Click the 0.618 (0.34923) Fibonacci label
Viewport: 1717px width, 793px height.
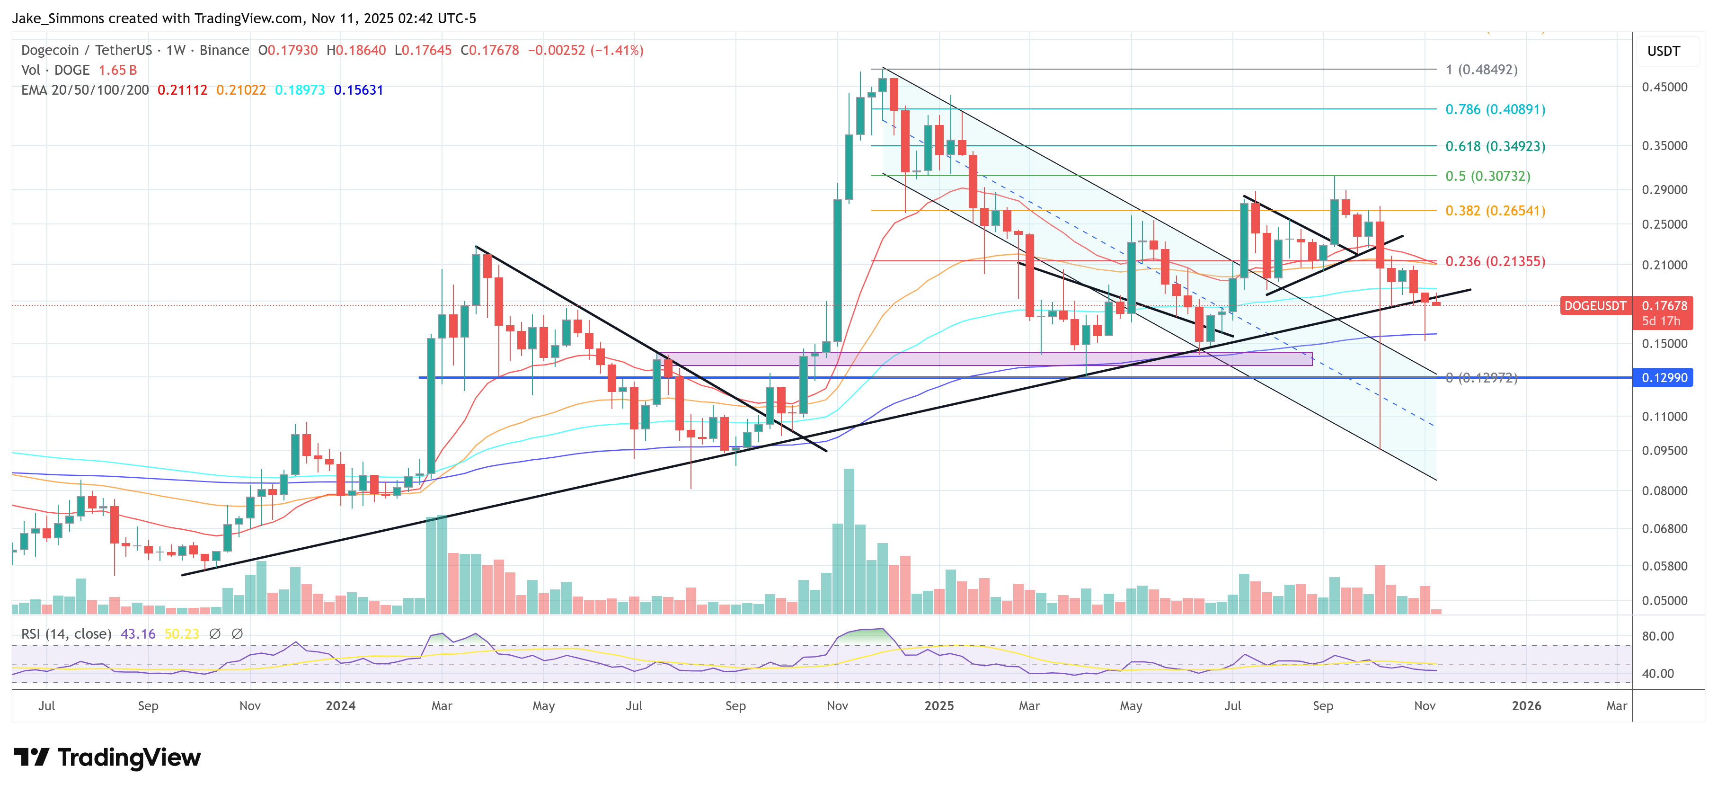coord(1495,146)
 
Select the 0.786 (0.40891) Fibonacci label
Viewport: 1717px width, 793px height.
coord(1495,109)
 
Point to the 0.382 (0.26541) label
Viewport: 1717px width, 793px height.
coord(1495,211)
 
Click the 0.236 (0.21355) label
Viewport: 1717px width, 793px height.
coord(1495,261)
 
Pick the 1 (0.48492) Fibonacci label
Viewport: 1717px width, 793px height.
coord(1481,70)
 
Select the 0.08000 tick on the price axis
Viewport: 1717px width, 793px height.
coord(1664,491)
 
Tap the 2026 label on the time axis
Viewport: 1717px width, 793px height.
coord(1526,705)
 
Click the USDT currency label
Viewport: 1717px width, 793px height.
coord(1663,51)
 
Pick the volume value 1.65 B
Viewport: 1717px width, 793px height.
coord(117,70)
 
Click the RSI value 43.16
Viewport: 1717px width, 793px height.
coord(137,633)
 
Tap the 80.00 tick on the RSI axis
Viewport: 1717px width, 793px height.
coord(1658,636)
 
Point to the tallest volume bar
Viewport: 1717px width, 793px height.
coord(849,540)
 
